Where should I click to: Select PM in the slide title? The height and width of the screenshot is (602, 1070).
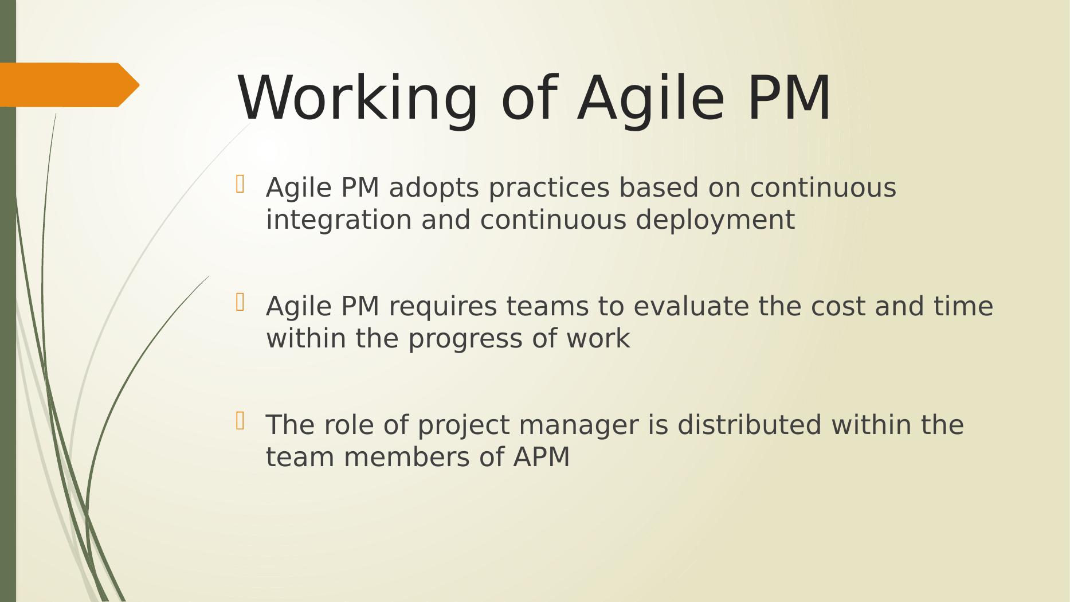[x=789, y=97]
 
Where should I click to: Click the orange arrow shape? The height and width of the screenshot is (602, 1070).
[x=69, y=85]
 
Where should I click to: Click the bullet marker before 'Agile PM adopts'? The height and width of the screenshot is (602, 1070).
[x=240, y=184]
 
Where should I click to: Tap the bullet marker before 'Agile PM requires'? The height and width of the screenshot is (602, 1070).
[x=240, y=302]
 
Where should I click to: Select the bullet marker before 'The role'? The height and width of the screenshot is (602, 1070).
[x=240, y=421]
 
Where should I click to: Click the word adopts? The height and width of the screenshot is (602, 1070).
[x=434, y=189]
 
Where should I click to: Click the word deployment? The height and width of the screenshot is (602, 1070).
[x=715, y=221]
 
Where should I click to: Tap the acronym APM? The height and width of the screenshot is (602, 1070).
[x=542, y=458]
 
